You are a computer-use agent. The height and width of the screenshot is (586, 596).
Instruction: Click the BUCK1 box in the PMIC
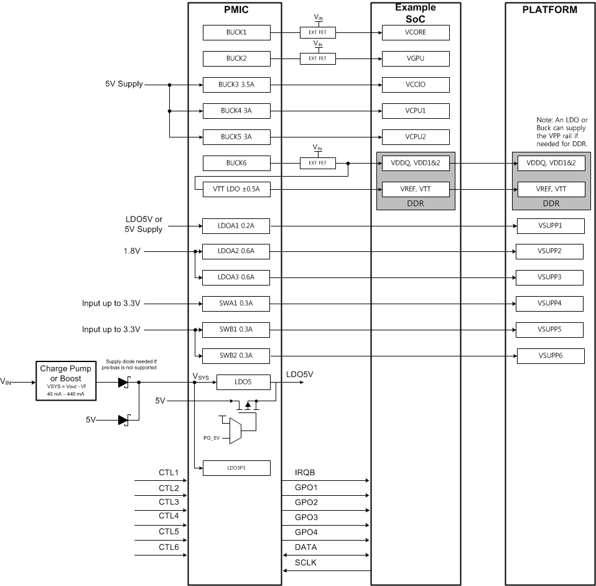click(x=236, y=32)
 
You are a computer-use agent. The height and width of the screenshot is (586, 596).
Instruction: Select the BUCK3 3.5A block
click(x=236, y=85)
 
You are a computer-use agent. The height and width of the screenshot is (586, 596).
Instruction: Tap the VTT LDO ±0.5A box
click(x=236, y=189)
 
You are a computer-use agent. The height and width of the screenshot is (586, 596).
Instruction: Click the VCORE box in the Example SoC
click(x=416, y=32)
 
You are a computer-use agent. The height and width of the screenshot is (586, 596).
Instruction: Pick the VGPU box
click(x=416, y=58)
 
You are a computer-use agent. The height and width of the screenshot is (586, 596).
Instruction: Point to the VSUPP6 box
click(x=551, y=356)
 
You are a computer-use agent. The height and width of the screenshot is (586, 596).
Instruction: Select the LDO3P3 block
click(x=236, y=468)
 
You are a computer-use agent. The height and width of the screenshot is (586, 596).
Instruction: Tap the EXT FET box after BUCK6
click(x=317, y=163)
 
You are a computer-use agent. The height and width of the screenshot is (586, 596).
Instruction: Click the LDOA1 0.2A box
click(x=236, y=225)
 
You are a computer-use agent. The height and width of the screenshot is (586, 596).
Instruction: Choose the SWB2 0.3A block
click(x=236, y=356)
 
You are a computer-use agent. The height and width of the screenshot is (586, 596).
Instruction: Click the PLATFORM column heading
click(x=550, y=9)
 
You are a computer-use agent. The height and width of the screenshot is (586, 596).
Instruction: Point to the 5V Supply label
click(x=124, y=84)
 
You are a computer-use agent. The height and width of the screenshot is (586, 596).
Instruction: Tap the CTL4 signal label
click(x=169, y=516)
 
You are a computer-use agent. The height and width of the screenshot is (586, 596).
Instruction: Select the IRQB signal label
click(x=305, y=473)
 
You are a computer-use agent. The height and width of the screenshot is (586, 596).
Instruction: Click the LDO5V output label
click(x=299, y=374)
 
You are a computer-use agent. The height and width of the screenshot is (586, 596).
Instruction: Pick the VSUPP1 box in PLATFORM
click(x=551, y=225)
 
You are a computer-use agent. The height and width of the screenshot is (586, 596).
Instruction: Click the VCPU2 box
click(x=416, y=136)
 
